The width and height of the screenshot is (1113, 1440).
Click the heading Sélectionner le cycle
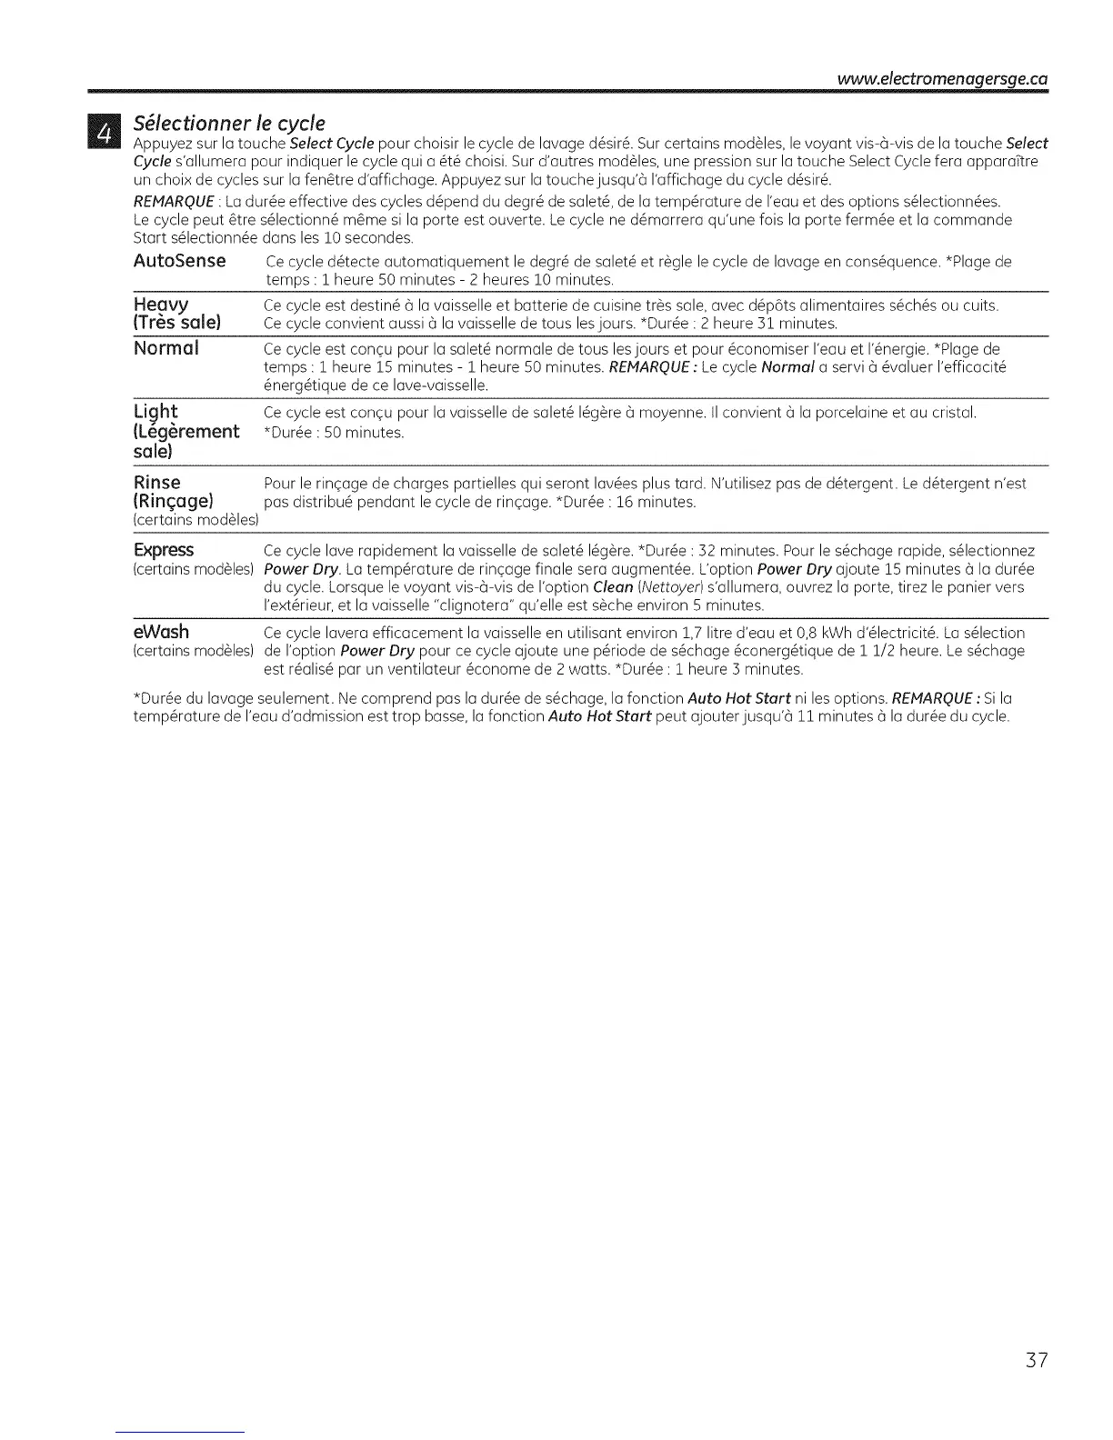tap(229, 123)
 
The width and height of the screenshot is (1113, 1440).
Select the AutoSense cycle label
tap(179, 262)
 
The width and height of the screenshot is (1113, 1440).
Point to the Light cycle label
tap(155, 412)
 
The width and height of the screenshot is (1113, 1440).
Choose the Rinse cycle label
tap(156, 483)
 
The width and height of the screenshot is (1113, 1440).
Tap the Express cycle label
tap(164, 551)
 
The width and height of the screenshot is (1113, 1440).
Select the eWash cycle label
tap(161, 633)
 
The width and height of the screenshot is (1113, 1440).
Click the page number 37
tap(1037, 1362)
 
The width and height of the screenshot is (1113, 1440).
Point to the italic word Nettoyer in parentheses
tap(665, 587)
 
